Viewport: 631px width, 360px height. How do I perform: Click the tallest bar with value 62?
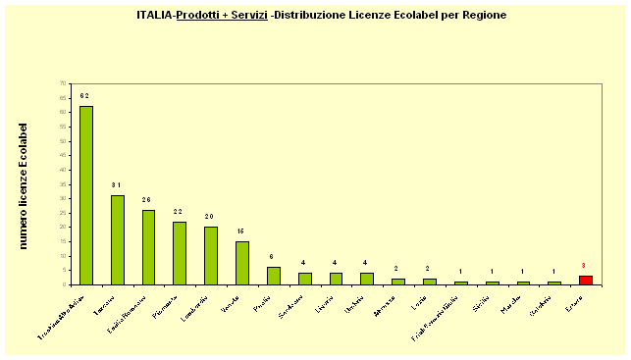click(x=86, y=195)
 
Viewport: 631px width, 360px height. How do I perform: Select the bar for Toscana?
click(x=118, y=239)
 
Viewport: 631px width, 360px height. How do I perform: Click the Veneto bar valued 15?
click(x=242, y=263)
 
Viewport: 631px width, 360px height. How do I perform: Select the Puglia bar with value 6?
click(x=274, y=276)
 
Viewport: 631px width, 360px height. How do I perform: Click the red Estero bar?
click(x=585, y=280)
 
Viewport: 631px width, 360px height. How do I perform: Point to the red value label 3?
click(x=584, y=266)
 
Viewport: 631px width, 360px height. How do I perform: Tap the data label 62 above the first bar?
click(x=85, y=96)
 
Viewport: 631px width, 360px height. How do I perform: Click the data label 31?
click(x=117, y=185)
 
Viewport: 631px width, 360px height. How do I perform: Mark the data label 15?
click(x=242, y=231)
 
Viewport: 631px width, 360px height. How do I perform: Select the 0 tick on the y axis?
click(x=65, y=284)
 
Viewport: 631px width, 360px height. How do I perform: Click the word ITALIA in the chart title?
click(x=155, y=16)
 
